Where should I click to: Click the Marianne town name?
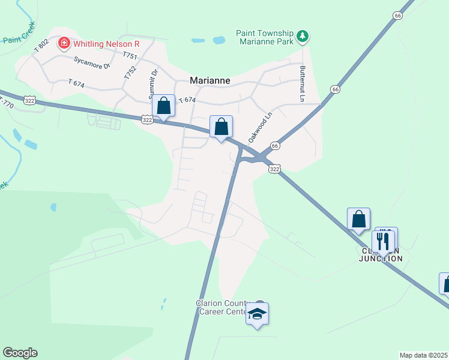pyautogui.click(x=210, y=80)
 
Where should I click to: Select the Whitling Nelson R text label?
pyautogui.click(x=106, y=43)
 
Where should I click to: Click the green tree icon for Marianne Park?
pyautogui.click(x=304, y=37)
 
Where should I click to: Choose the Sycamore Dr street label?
pyautogui.click(x=92, y=62)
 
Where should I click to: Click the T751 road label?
pyautogui.click(x=130, y=55)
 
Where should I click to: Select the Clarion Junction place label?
pyautogui.click(x=381, y=254)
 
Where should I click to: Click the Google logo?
pyautogui.click(x=20, y=353)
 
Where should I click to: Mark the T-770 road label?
pyautogui.click(x=6, y=102)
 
